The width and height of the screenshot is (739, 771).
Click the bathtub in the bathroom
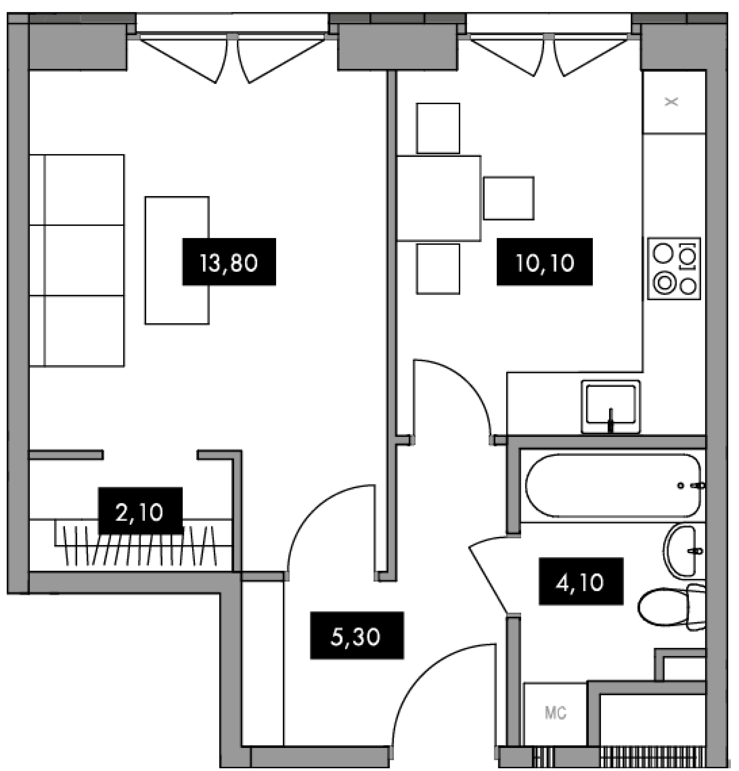click(x=613, y=485)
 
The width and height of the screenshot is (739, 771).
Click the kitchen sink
click(x=611, y=407)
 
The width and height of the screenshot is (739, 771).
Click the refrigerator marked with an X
click(x=674, y=102)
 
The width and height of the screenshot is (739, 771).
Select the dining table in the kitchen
click(x=439, y=198)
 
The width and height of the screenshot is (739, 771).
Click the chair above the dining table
click(x=438, y=128)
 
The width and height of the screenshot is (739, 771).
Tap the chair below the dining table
click(x=438, y=269)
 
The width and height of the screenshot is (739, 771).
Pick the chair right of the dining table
click(x=509, y=198)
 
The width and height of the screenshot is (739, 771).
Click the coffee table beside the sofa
click(x=177, y=260)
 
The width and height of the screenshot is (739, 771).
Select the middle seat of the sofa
click(x=77, y=260)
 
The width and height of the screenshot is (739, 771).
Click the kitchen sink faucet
click(x=611, y=420)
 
